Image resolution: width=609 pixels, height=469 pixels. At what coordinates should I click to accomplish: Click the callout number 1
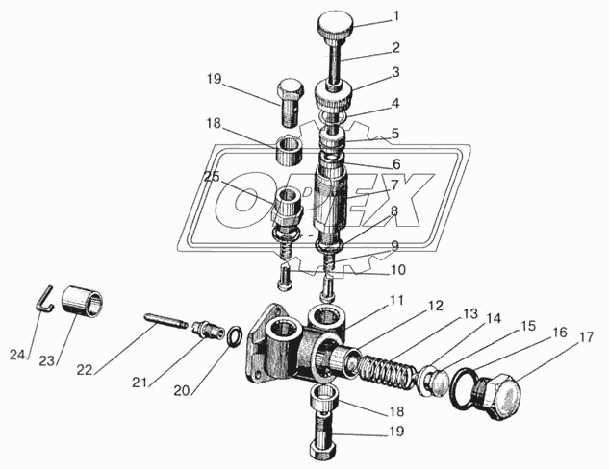pos(395,17)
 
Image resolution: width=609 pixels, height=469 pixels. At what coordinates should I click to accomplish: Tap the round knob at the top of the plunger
pos(336,23)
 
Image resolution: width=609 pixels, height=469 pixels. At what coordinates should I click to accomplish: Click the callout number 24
pos(17,355)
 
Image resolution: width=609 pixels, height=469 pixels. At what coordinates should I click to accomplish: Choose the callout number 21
pos(140,383)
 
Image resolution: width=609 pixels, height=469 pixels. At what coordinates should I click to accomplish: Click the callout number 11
pos(396,300)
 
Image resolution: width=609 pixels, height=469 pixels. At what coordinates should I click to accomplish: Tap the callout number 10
pos(397,270)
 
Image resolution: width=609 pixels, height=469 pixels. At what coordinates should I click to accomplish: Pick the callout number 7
pos(394,185)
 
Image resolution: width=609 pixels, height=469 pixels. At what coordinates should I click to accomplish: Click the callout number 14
pos(493,318)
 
